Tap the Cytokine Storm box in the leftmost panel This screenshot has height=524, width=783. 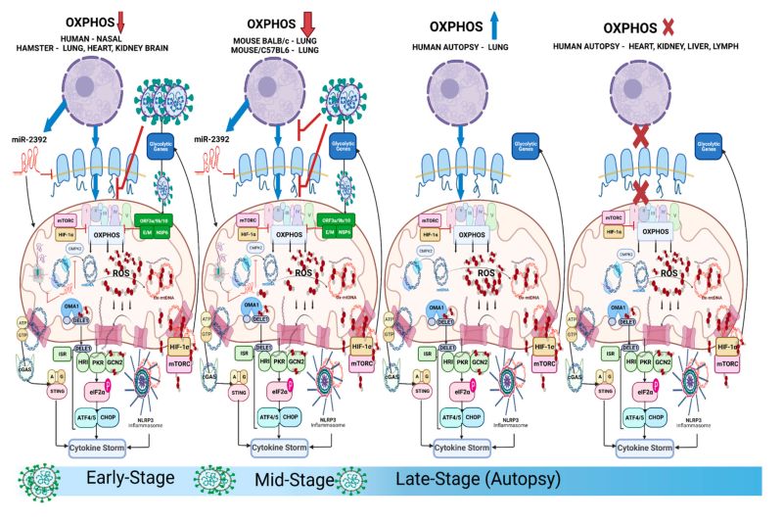105,449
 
